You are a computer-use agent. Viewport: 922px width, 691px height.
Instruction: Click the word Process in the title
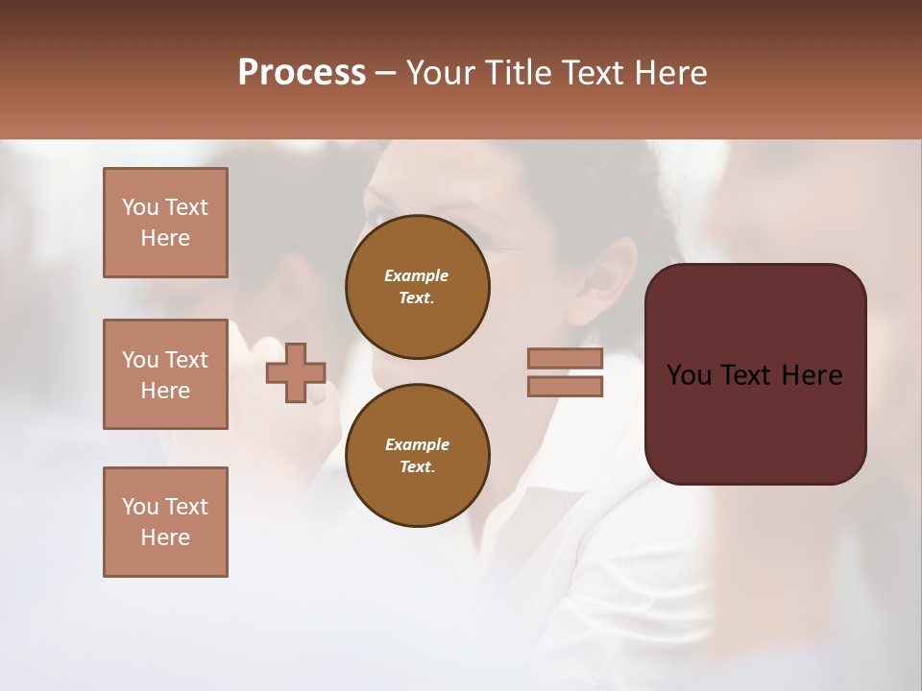click(302, 73)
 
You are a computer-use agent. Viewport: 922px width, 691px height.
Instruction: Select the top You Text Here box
click(165, 223)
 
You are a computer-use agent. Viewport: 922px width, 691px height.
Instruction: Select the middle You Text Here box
click(165, 374)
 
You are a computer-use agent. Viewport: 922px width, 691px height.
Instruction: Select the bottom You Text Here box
click(165, 522)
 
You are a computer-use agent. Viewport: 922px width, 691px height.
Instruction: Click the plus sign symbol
click(296, 372)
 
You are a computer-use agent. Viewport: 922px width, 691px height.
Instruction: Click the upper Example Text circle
click(418, 287)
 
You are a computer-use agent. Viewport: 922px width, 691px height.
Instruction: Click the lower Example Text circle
click(418, 456)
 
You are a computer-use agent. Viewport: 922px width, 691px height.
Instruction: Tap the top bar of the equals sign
click(566, 358)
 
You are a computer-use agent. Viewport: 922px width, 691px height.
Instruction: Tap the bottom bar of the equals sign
click(566, 386)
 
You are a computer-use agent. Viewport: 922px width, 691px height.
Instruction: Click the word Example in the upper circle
click(416, 275)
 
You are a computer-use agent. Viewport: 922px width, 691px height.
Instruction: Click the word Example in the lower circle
click(417, 444)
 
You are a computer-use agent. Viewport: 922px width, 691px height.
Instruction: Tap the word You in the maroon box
click(690, 375)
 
